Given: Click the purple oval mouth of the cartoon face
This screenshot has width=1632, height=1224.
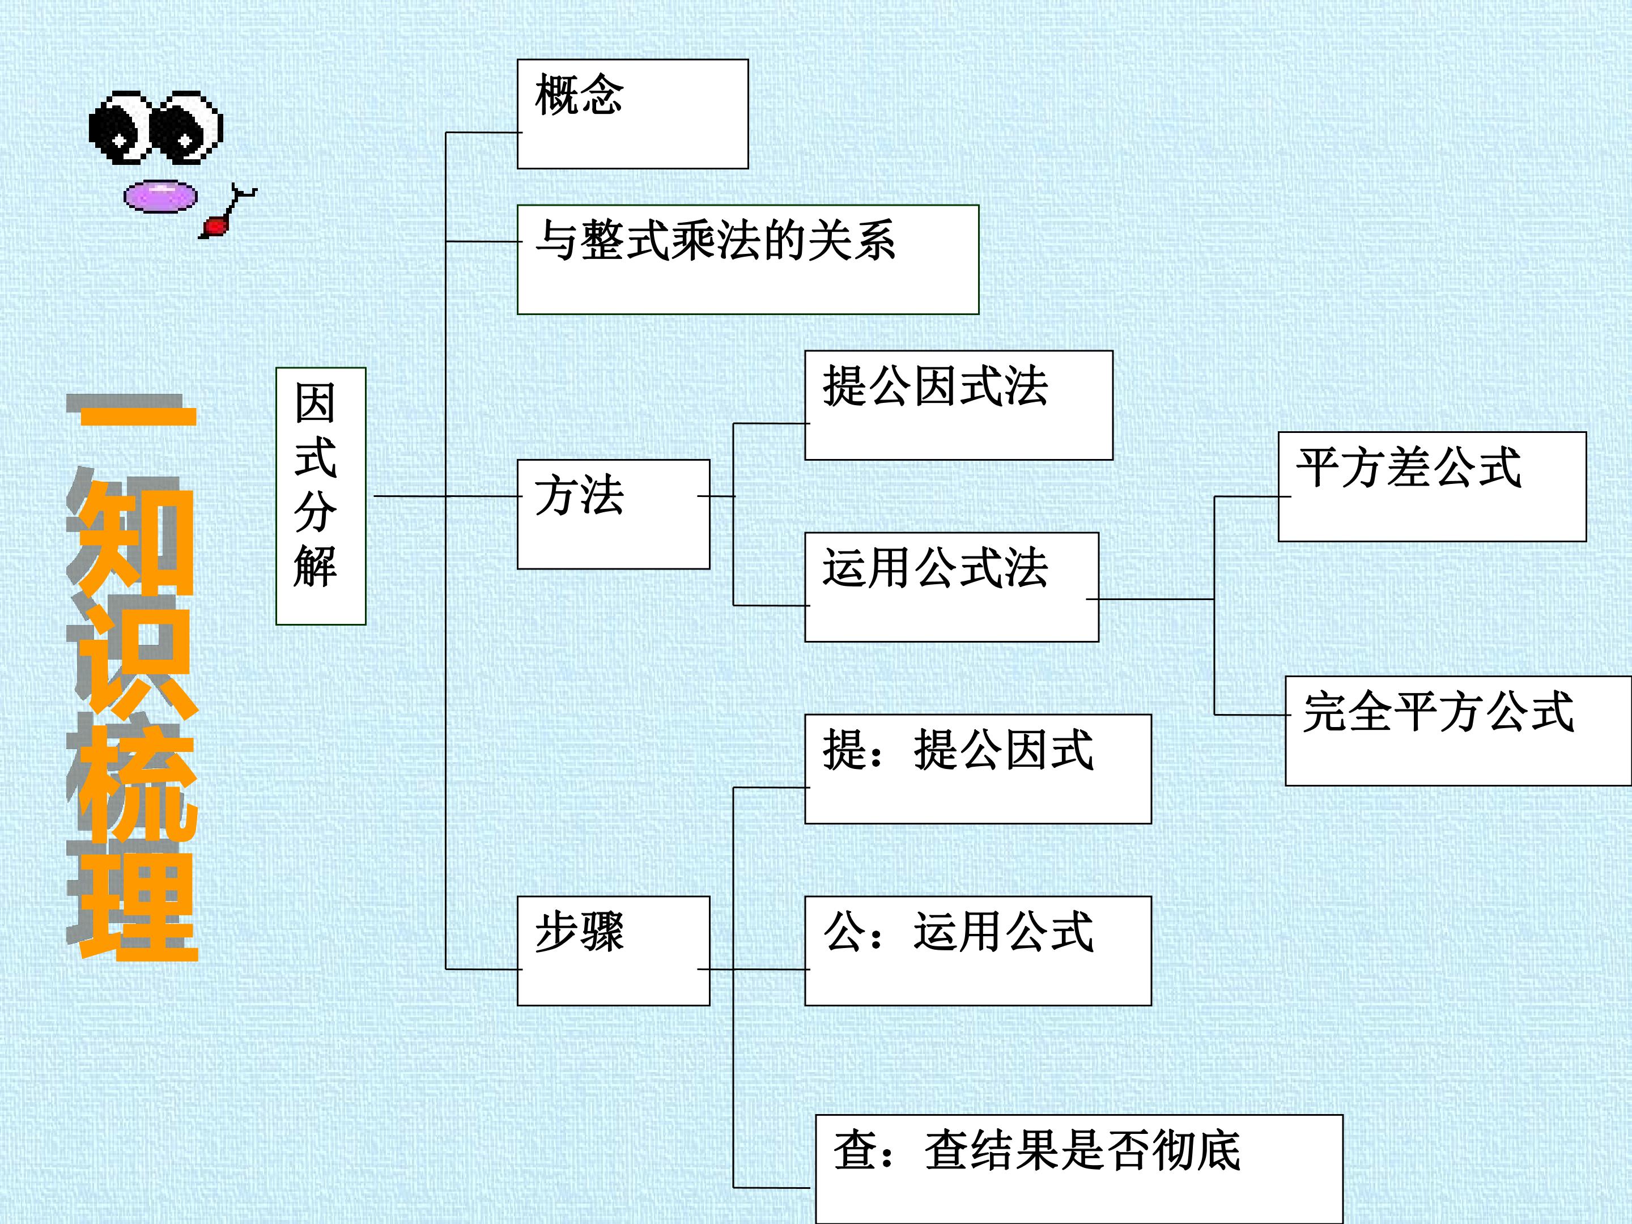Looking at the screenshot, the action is (x=161, y=196).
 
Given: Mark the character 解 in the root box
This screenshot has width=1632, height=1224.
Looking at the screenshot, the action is (x=316, y=567).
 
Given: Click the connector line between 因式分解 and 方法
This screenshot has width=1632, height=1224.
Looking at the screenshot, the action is (x=447, y=496).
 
